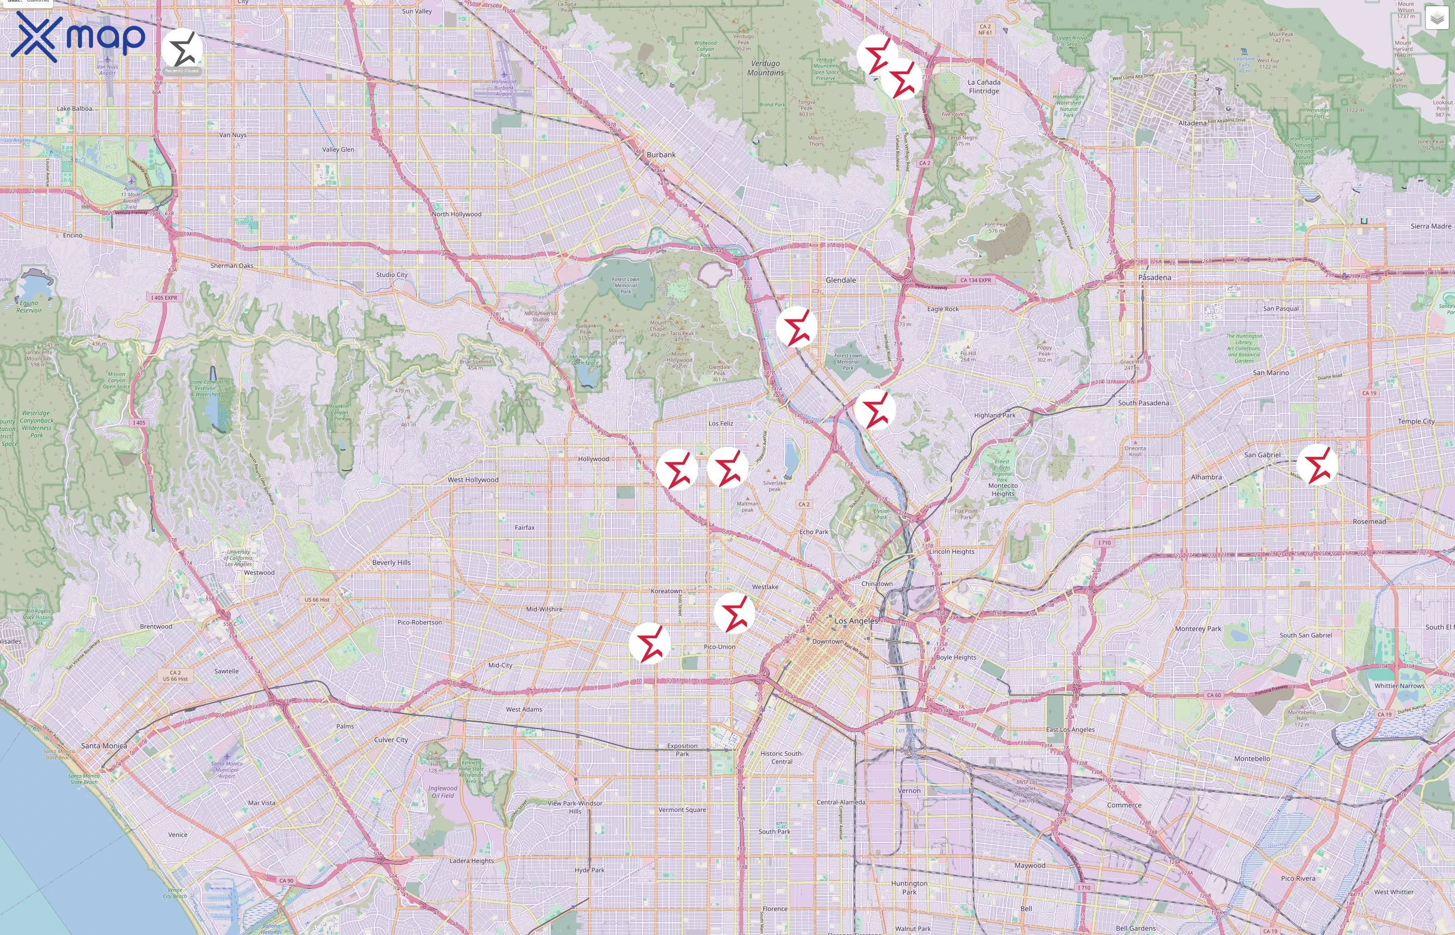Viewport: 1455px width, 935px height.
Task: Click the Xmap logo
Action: tap(78, 36)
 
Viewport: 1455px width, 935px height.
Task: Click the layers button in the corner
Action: tap(1437, 18)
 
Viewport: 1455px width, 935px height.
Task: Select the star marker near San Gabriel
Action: tap(1317, 465)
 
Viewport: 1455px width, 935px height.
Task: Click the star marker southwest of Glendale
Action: tap(796, 327)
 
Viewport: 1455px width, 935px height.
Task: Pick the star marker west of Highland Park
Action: tap(875, 410)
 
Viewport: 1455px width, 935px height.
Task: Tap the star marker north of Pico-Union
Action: tap(734, 613)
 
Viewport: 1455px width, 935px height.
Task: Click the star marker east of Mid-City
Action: tap(650, 643)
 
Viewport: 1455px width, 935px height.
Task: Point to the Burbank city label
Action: tap(660, 155)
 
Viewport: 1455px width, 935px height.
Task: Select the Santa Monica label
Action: tap(104, 745)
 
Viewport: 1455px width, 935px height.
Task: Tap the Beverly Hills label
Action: tap(392, 563)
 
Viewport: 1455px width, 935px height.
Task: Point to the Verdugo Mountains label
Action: tap(765, 68)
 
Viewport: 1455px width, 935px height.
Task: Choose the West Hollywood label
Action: tap(473, 479)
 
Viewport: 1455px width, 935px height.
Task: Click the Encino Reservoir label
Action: tap(29, 306)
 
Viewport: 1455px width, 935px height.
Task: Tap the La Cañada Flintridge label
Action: tap(984, 86)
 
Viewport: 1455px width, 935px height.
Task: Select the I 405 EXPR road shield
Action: tap(165, 298)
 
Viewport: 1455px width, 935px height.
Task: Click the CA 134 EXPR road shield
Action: tap(975, 280)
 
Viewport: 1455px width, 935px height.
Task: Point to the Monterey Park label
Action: tap(1198, 629)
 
